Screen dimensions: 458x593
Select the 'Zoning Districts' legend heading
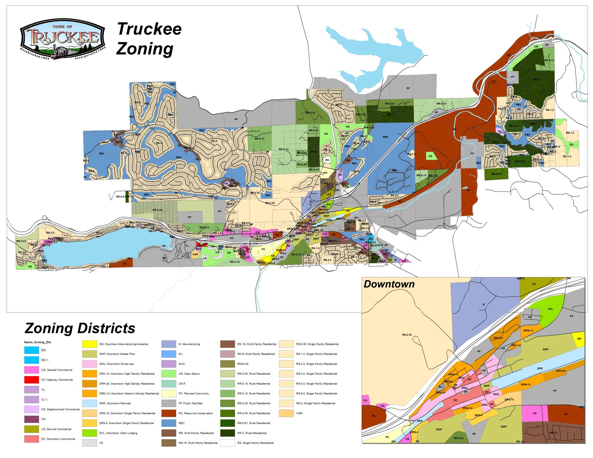pyautogui.click(x=80, y=328)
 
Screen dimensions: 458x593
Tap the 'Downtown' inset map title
pyautogui.click(x=389, y=284)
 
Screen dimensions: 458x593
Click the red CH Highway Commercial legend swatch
pyautogui.click(x=32, y=380)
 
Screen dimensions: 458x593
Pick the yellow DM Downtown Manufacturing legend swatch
pyautogui.click(x=90, y=344)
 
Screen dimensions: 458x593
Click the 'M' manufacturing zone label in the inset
pyautogui.click(x=484, y=305)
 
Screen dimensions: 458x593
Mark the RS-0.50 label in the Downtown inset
pyautogui.click(x=407, y=334)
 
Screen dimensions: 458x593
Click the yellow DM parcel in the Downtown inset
pyautogui.click(x=579, y=339)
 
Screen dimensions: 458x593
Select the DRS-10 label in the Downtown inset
pyautogui.click(x=509, y=400)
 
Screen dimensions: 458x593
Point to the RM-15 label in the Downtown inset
pyautogui.click(x=553, y=433)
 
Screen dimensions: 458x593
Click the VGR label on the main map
pyautogui.click(x=195, y=254)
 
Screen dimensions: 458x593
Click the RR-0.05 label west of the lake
pyautogui.click(x=21, y=241)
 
